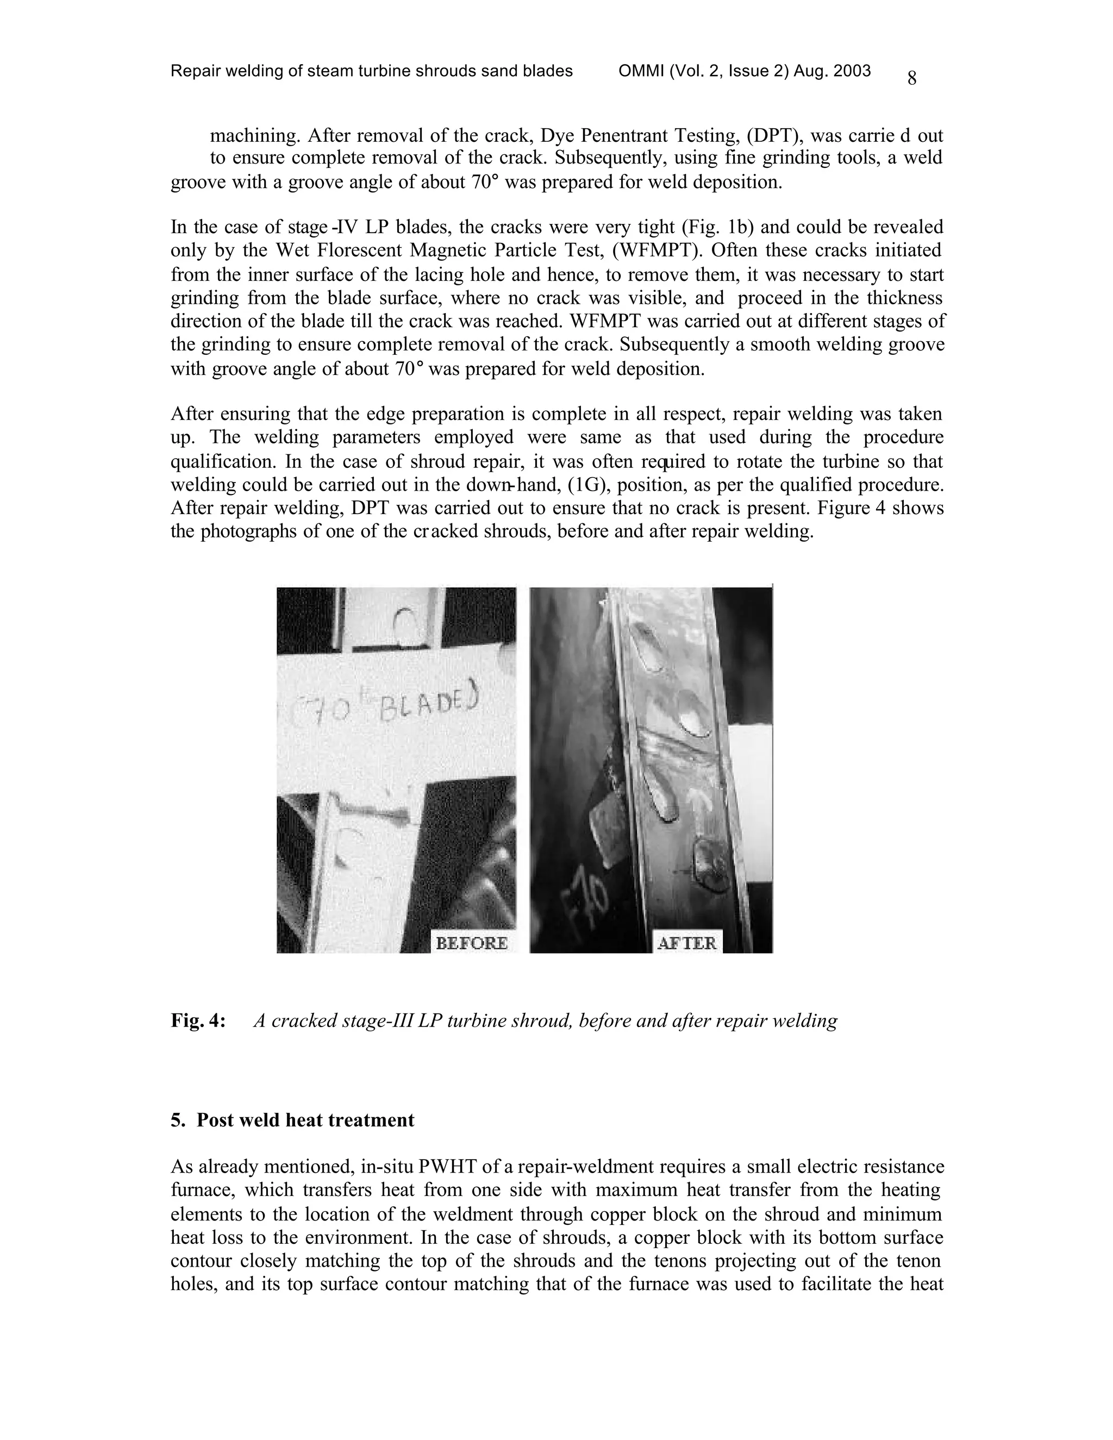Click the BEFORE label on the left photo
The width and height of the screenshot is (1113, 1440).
click(x=471, y=943)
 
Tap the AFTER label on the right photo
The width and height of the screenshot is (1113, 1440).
click(x=687, y=943)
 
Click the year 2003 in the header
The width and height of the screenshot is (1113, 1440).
click(x=853, y=71)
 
